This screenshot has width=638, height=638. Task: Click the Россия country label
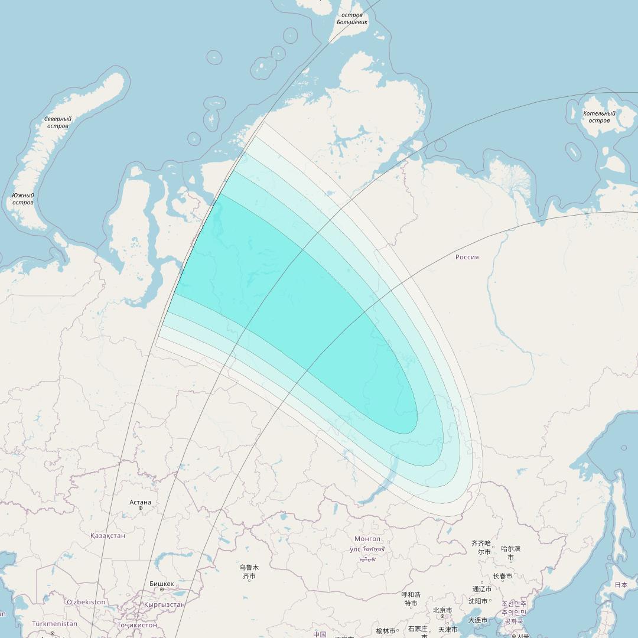[x=467, y=257]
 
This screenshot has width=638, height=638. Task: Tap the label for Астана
[x=140, y=502]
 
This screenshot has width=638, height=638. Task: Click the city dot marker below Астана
[x=141, y=508]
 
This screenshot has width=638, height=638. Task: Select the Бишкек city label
[x=161, y=584]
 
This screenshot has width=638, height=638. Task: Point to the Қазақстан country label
[x=108, y=535]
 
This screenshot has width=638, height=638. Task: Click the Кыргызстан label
[x=164, y=604]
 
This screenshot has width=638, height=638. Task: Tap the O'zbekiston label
[x=86, y=602]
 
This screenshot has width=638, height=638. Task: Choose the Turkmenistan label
[x=54, y=623]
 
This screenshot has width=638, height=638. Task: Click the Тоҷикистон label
[x=137, y=624]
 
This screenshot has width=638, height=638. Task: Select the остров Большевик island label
[x=352, y=19]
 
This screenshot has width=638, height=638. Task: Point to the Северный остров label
[x=57, y=122]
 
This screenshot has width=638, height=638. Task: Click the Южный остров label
[x=23, y=199]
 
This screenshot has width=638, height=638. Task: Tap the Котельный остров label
[x=599, y=117]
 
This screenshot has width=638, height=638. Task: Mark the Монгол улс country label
[x=367, y=544]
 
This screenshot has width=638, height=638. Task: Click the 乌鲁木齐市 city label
[x=249, y=571]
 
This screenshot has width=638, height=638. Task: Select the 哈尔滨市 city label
[x=510, y=552]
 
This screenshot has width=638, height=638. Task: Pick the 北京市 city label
[x=442, y=610]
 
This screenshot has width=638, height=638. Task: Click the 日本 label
[x=621, y=584]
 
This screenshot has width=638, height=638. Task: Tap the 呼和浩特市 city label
[x=411, y=598]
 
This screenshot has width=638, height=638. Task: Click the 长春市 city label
[x=503, y=576]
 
